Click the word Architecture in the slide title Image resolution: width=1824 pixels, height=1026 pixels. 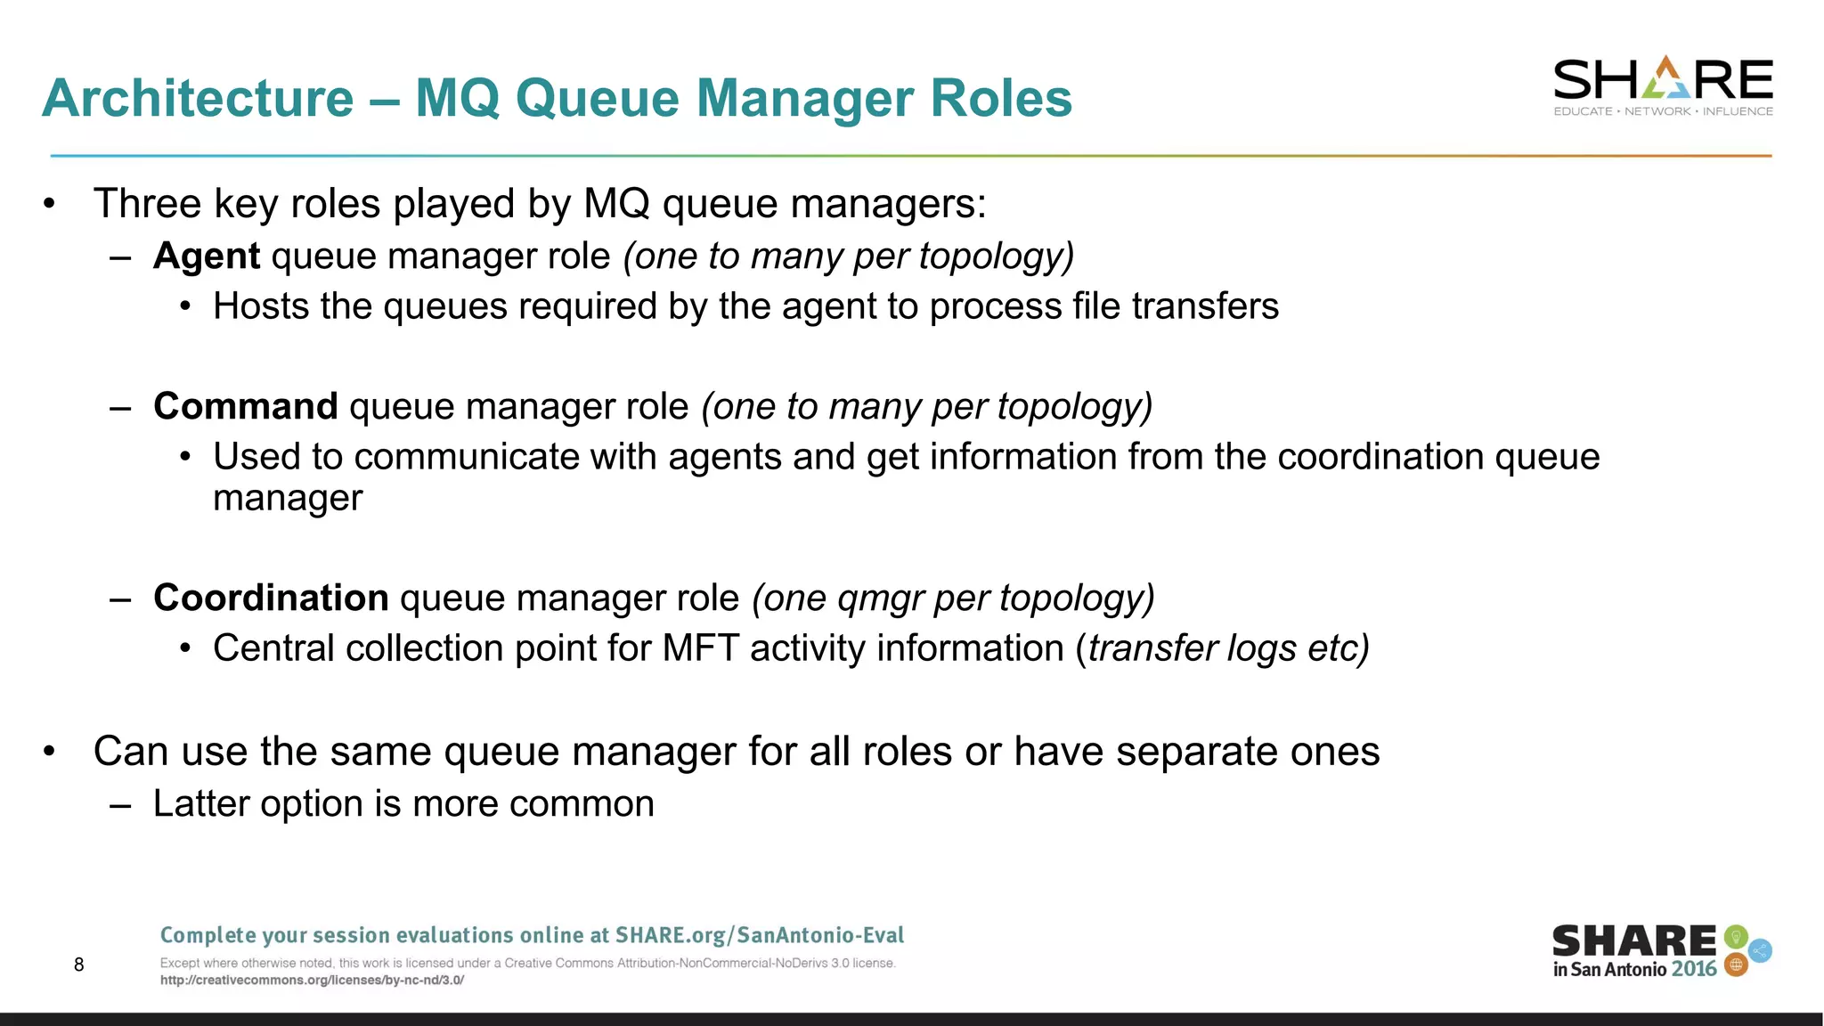click(x=198, y=98)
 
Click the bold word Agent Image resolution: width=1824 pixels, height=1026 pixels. click(x=207, y=256)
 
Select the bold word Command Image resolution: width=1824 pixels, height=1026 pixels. click(x=245, y=407)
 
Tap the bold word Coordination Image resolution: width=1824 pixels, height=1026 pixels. click(x=271, y=598)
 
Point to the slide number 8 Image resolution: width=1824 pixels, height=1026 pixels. click(x=79, y=965)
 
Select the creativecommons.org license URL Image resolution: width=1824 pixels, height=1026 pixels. click(x=312, y=981)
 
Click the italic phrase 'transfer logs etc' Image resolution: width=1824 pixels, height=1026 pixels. click(x=1226, y=648)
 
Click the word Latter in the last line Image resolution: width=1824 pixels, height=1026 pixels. click(x=200, y=804)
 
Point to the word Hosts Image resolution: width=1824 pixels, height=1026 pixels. click(x=261, y=307)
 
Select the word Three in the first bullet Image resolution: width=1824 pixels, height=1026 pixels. click(x=148, y=204)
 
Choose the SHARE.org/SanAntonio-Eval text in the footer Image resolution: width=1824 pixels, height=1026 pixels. click(x=759, y=935)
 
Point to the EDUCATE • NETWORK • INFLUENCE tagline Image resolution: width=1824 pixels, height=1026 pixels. click(x=1663, y=111)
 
